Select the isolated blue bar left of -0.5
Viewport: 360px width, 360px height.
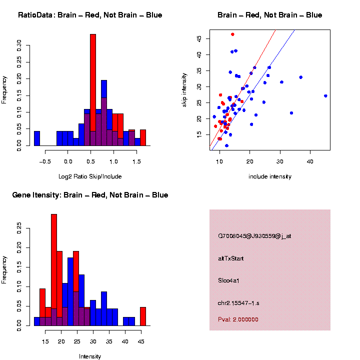pos(36,138)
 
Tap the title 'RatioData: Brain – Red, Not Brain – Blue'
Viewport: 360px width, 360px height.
pos(90,15)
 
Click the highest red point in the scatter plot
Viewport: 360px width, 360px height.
pos(232,34)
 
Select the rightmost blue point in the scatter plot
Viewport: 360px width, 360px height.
pos(325,96)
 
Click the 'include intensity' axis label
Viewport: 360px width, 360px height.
pos(269,176)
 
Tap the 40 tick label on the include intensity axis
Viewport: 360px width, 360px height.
pos(310,161)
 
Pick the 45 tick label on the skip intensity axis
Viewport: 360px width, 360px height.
pos(199,38)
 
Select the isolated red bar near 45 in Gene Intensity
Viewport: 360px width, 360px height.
pos(143,316)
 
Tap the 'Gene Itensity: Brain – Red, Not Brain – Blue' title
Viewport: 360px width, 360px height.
pos(90,194)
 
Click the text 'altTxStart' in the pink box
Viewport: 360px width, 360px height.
pos(231,258)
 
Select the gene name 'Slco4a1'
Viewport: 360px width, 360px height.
pos(229,280)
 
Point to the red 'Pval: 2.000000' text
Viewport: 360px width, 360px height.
pos(238,319)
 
